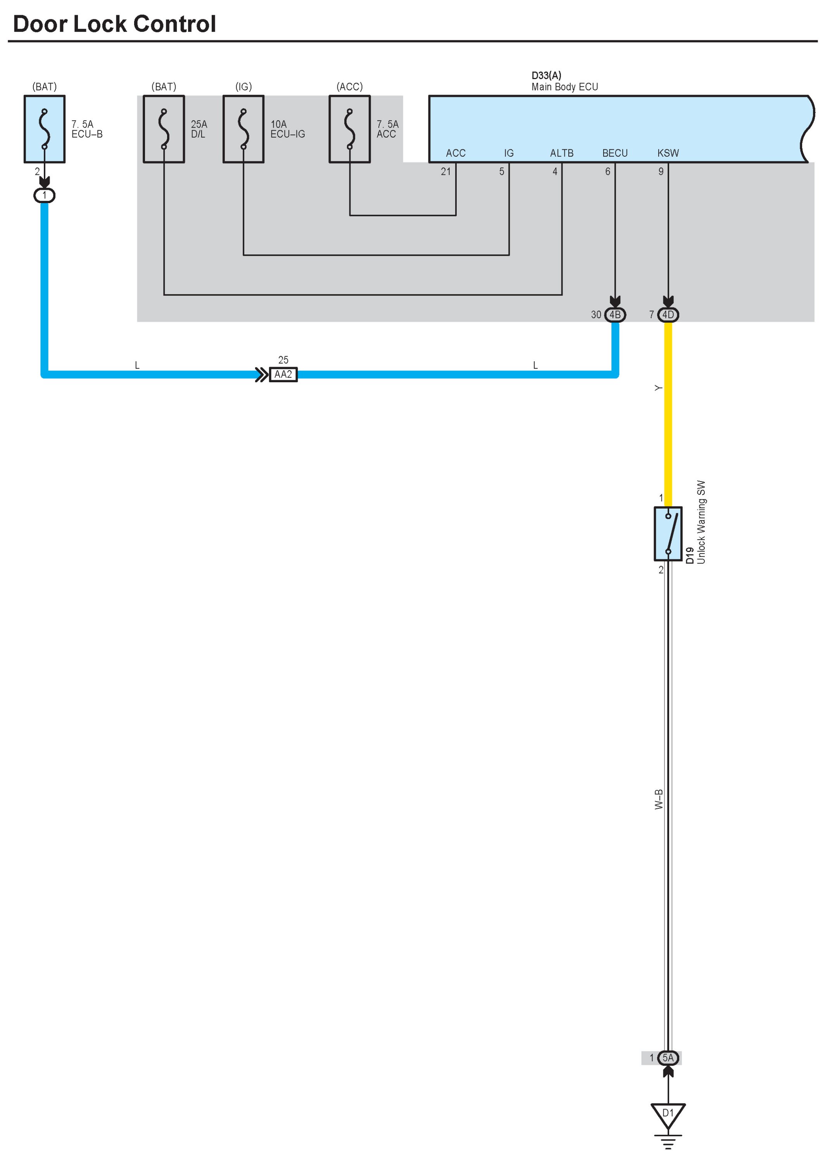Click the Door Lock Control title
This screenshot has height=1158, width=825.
[114, 24]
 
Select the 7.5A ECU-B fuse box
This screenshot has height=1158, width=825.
[45, 129]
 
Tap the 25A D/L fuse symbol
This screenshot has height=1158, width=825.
[164, 129]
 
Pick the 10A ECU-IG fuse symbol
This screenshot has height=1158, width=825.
[243, 129]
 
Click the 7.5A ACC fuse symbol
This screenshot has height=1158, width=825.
[350, 129]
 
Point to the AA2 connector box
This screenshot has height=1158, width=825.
[283, 375]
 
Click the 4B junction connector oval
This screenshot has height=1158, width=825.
[615, 315]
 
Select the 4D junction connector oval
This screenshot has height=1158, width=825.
[668, 315]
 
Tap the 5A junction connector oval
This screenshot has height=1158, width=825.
[668, 1058]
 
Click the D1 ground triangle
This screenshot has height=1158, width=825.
[668, 1115]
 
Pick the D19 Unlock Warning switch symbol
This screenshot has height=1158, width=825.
[668, 534]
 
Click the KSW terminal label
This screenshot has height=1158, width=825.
[668, 153]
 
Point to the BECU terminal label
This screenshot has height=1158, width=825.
[615, 153]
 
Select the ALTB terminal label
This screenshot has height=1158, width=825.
[561, 153]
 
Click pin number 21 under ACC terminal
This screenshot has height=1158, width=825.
[445, 172]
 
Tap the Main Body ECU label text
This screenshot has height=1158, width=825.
[564, 87]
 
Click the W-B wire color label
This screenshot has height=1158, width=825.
[658, 799]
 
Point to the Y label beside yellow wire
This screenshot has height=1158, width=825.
[658, 388]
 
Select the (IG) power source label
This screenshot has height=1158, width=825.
[243, 87]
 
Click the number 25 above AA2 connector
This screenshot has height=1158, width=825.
[283, 360]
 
